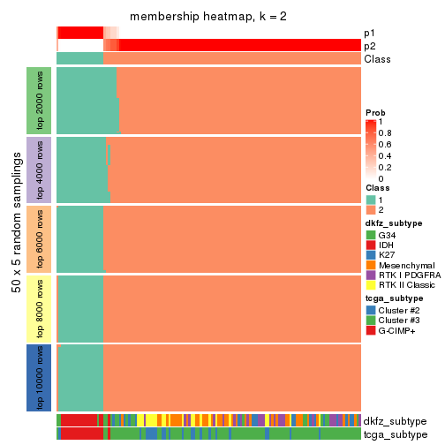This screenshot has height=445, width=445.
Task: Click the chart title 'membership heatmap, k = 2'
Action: [207, 18]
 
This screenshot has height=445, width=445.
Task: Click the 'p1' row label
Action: [369, 33]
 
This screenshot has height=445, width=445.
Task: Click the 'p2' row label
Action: [369, 46]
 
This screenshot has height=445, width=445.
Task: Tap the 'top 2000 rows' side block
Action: [39, 101]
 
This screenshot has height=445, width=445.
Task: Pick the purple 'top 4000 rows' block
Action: [39, 170]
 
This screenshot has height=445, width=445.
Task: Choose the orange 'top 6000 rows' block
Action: [39, 238]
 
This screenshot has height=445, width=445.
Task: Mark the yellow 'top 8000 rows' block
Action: [39, 307]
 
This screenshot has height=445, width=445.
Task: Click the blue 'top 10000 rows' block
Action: [39, 377]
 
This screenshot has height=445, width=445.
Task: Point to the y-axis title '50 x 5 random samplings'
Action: [15, 238]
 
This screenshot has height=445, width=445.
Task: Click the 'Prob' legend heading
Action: [375, 112]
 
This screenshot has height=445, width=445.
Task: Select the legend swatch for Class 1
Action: [371, 200]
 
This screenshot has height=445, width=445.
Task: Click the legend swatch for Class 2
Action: [371, 210]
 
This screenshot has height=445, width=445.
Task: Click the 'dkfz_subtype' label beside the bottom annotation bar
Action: [395, 421]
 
